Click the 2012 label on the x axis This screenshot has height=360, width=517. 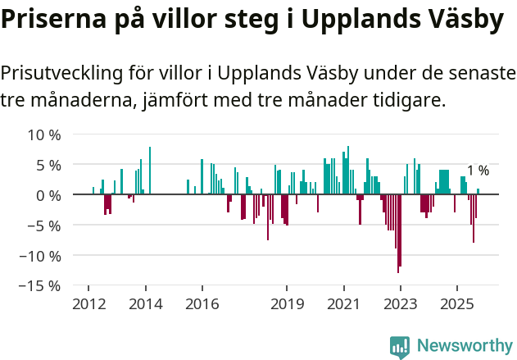89,304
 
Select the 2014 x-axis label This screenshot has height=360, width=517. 146,304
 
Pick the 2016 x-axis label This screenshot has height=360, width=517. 202,304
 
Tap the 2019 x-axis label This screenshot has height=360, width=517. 287,304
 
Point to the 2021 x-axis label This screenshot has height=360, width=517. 343,304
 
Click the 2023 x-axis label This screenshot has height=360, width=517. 400,304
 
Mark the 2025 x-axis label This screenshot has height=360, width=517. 456,304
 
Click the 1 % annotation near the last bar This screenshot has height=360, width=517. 478,171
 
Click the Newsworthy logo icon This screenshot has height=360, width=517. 400,346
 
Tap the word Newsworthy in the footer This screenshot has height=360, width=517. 464,346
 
